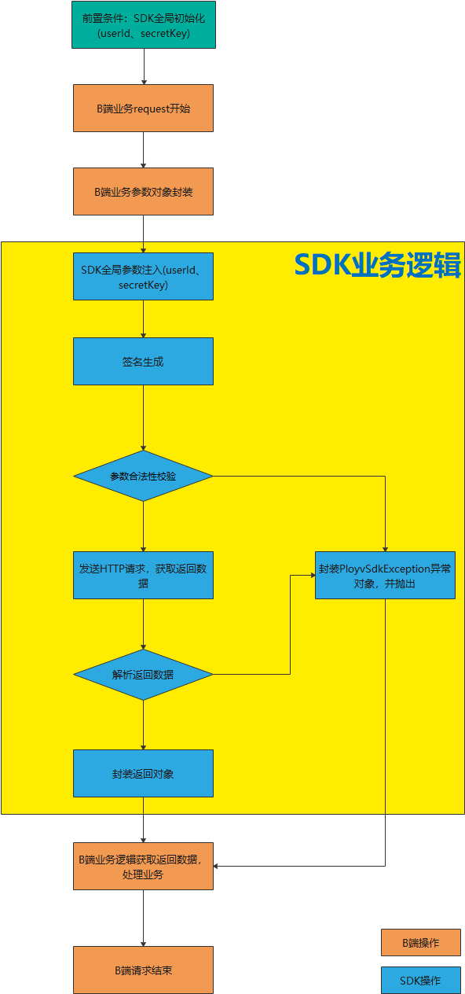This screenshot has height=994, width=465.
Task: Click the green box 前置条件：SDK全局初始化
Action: (144, 25)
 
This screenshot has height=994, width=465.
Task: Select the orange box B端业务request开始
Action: (143, 109)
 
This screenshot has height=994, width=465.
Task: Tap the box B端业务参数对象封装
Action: (143, 192)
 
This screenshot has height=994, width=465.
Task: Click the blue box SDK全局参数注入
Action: (143, 277)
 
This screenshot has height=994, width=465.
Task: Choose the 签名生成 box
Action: (143, 361)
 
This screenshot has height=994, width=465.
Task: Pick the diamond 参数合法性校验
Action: (143, 476)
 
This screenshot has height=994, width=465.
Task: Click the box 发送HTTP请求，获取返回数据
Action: (143, 576)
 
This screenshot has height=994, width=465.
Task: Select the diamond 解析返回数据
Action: (143, 675)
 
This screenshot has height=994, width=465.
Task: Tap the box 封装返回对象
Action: (143, 774)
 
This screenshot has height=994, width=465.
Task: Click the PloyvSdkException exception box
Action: (385, 576)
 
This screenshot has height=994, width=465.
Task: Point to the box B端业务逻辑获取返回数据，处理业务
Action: (143, 866)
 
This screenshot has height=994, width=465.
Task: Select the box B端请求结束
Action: (143, 970)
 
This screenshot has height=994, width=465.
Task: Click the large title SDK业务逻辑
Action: (378, 265)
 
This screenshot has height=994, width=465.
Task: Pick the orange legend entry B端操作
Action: (421, 943)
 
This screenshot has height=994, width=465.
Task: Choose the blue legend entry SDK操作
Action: (421, 981)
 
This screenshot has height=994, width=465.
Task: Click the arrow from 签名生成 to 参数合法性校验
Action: (143, 418)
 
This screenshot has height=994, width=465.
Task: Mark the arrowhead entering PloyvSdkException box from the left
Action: (313, 575)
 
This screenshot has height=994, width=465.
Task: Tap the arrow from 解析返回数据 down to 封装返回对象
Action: (143, 725)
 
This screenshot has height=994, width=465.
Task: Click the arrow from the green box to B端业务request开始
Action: (144, 66)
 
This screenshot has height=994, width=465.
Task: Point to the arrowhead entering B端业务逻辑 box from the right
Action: (216, 866)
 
